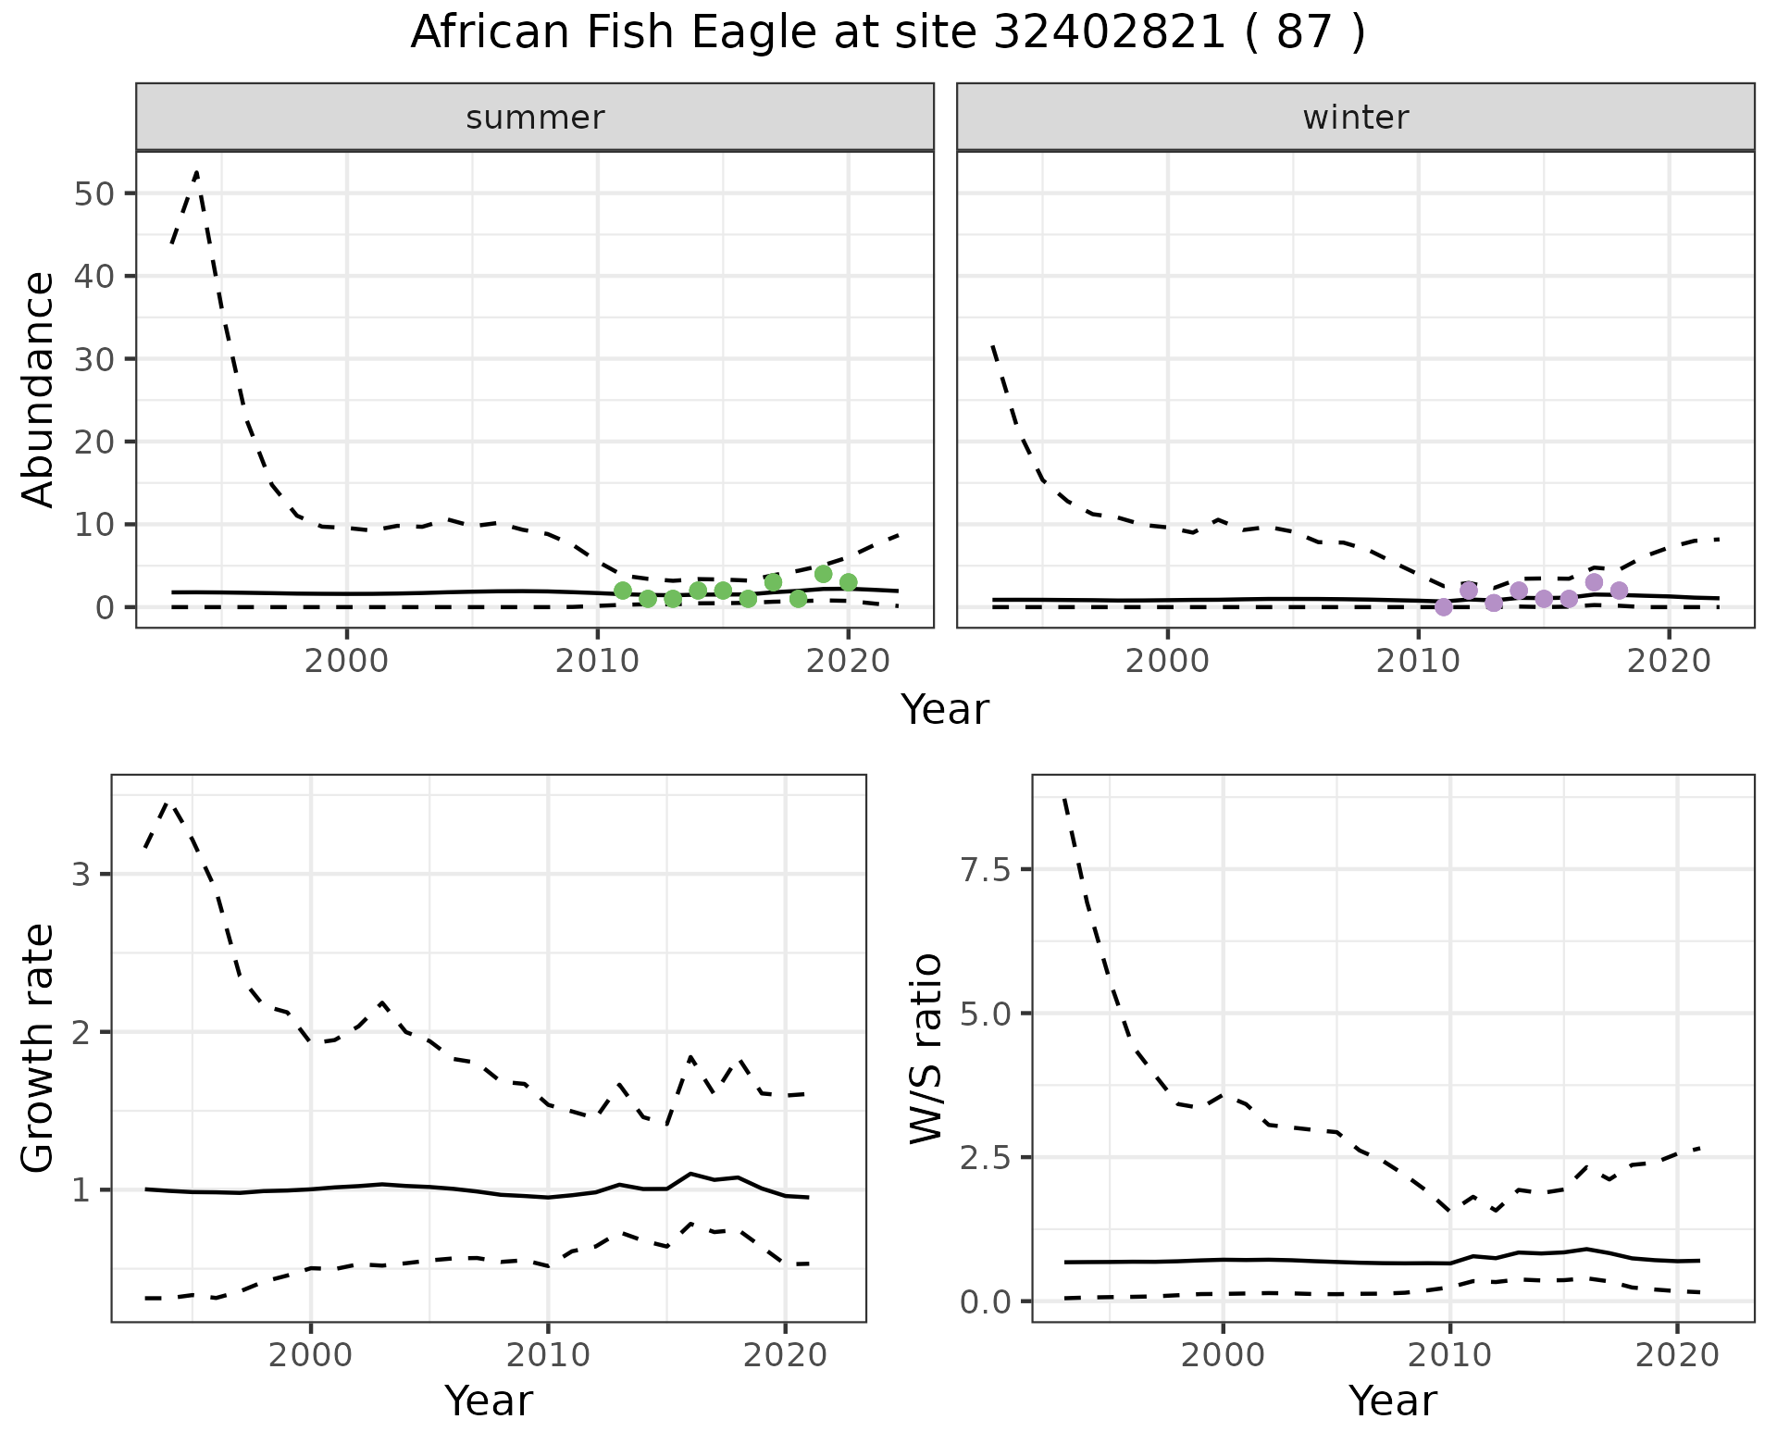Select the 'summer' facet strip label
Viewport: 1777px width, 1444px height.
tap(534, 118)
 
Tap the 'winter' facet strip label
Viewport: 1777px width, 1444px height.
tap(1355, 118)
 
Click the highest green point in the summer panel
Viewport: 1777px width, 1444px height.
tap(823, 574)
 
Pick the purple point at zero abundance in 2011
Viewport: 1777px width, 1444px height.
tap(1443, 607)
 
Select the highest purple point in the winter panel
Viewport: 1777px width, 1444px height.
tap(1594, 582)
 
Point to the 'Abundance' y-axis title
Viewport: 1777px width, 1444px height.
tap(38, 389)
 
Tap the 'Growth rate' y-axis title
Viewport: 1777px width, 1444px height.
tap(38, 1048)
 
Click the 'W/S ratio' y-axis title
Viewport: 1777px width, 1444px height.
tap(926, 1048)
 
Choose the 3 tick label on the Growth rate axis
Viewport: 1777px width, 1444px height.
tap(81, 875)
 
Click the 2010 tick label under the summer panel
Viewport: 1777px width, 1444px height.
tap(597, 662)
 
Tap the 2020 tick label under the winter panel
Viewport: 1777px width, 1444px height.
tap(1668, 662)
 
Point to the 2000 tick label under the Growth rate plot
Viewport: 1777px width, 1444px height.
tap(310, 1356)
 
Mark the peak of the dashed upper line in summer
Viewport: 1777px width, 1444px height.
tap(196, 173)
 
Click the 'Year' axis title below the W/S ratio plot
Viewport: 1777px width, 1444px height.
tap(1392, 1400)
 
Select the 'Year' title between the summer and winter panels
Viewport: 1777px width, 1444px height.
tap(944, 710)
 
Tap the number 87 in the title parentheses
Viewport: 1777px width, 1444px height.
tap(1303, 33)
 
